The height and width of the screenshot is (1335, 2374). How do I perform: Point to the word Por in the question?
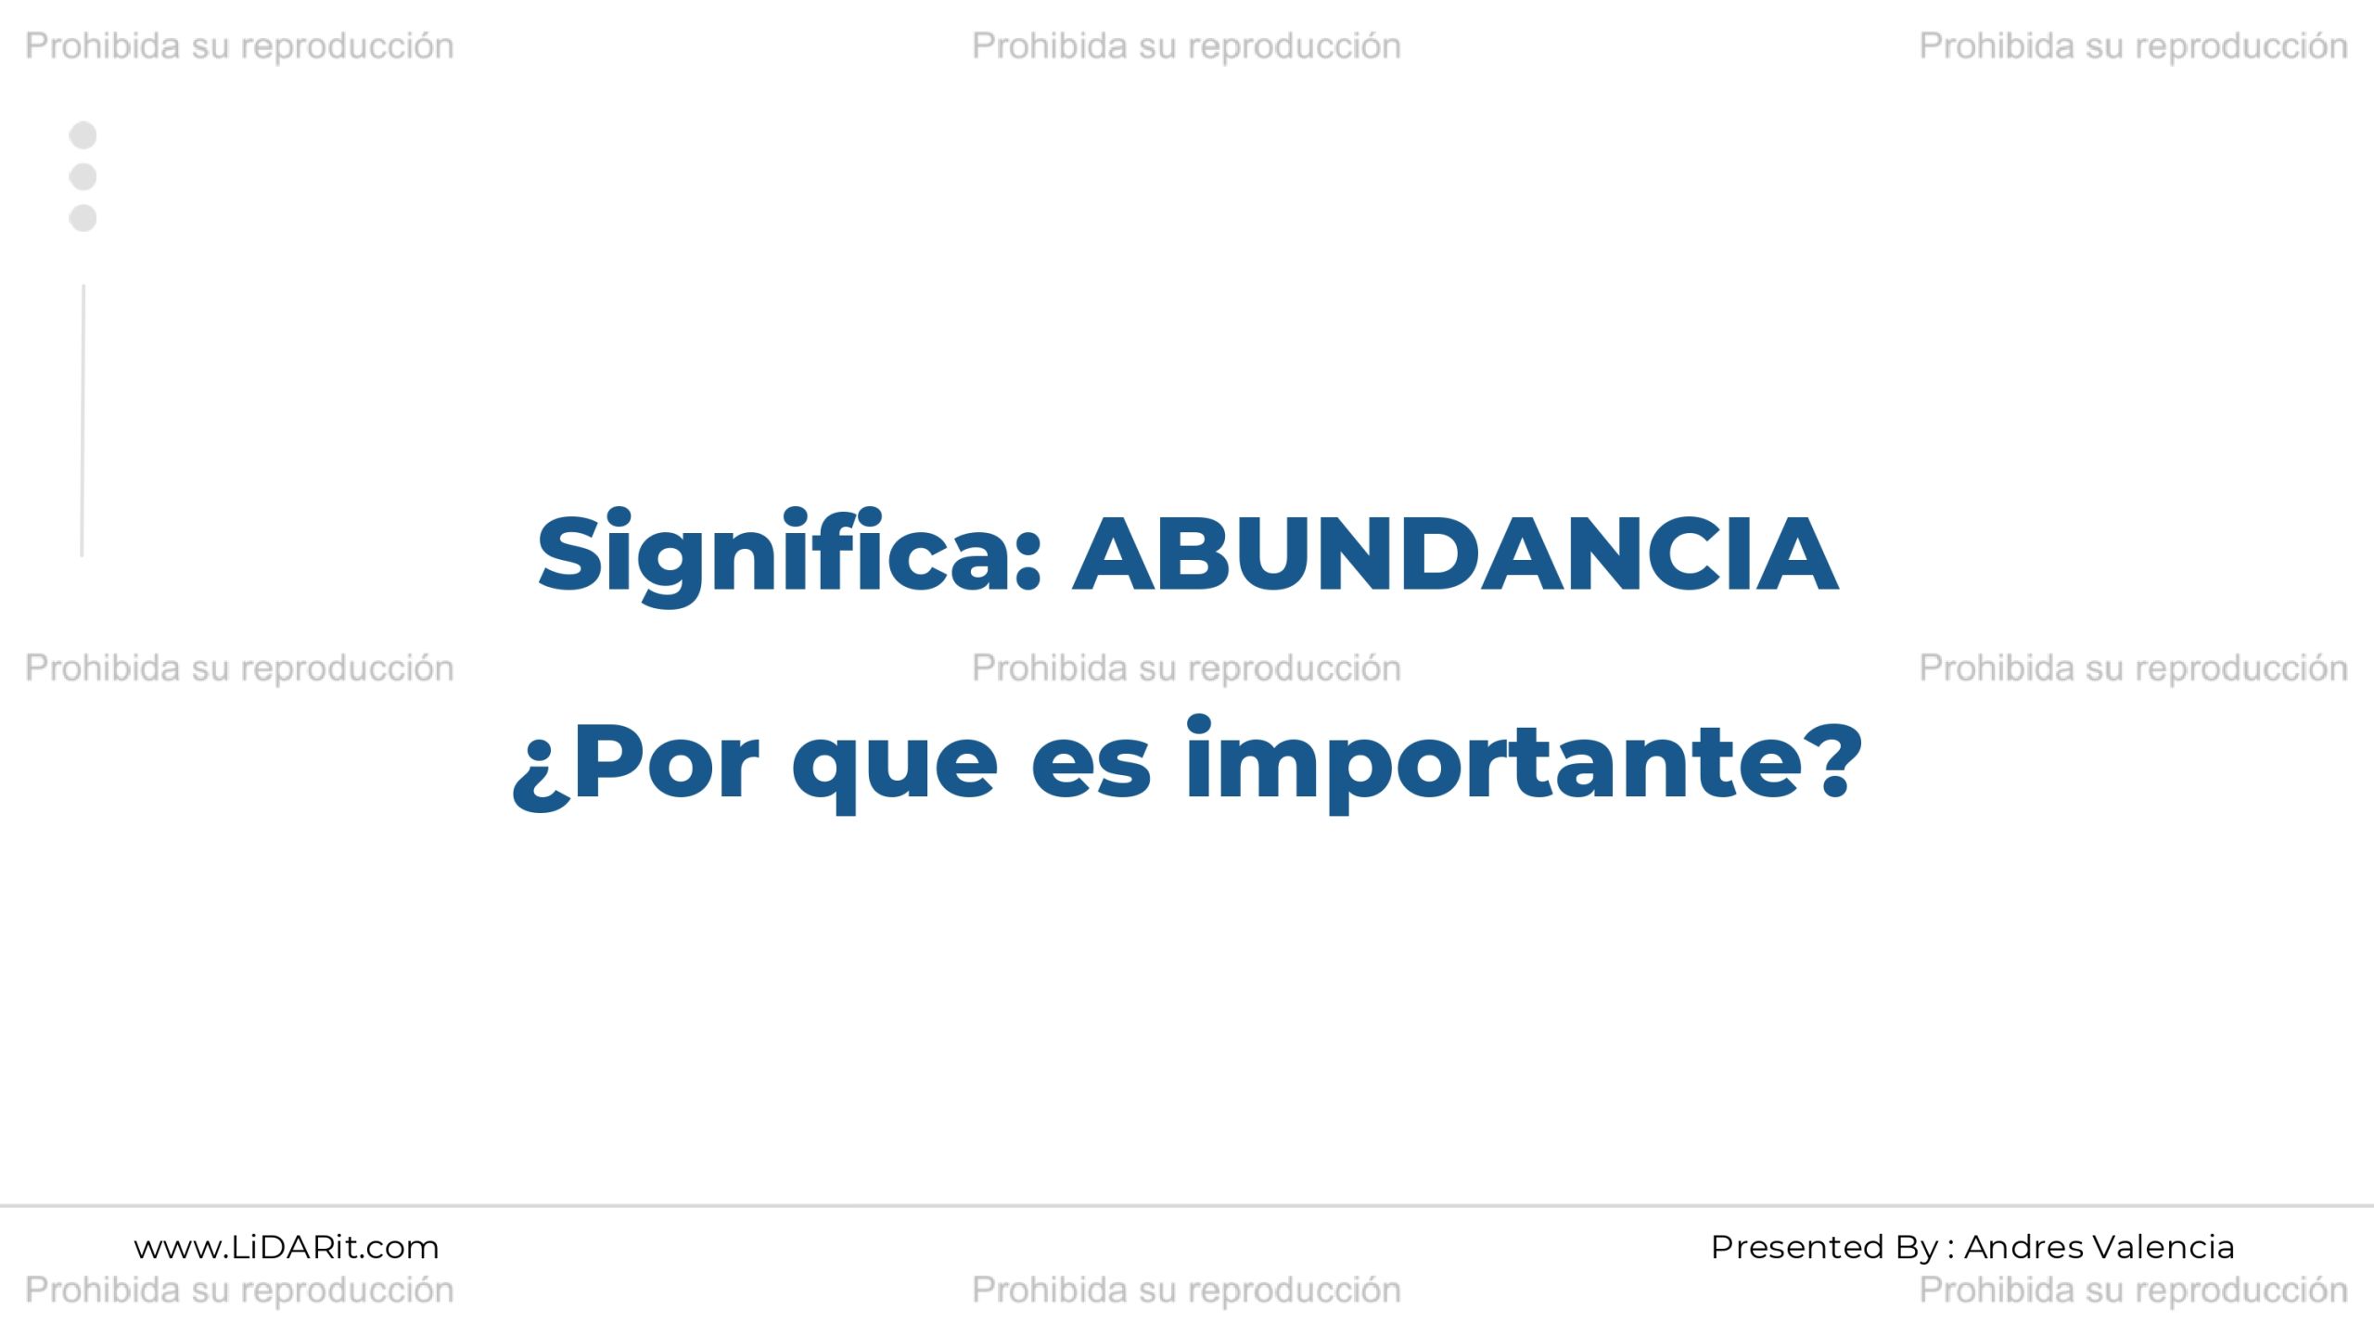pos(667,763)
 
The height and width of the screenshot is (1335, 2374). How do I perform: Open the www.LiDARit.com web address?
pos(287,1248)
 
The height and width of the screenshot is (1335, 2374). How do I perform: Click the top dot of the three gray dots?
pos(83,135)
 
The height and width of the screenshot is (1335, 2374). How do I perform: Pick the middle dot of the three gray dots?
pos(83,176)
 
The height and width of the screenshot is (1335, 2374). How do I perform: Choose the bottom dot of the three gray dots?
pos(83,218)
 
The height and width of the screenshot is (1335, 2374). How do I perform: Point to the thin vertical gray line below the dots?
pos(83,421)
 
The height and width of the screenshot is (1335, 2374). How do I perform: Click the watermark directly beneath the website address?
pos(239,1290)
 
